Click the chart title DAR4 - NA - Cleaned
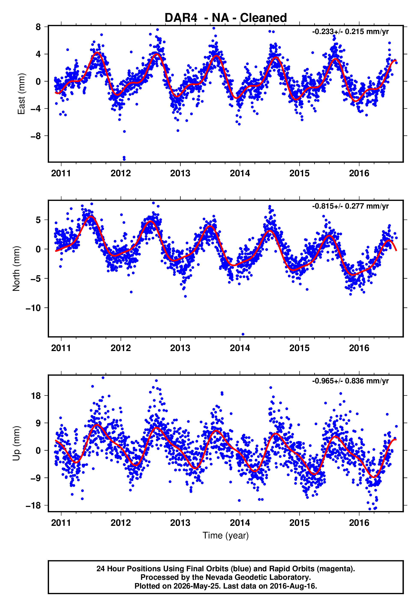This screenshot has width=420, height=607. click(226, 18)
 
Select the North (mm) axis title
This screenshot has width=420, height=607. click(16, 269)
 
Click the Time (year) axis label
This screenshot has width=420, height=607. click(226, 535)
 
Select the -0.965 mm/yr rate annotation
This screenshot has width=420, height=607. click(350, 381)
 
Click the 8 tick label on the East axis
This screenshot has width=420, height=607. click(38, 27)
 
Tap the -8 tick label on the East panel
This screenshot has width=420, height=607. click(36, 136)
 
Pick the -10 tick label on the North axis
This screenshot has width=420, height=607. click(33, 308)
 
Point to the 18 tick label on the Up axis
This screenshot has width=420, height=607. click(36, 396)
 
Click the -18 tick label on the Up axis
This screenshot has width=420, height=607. click(33, 505)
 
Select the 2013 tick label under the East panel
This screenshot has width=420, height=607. click(180, 173)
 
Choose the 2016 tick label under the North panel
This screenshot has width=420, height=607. click(359, 348)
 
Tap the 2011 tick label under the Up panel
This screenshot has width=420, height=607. click(61, 523)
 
